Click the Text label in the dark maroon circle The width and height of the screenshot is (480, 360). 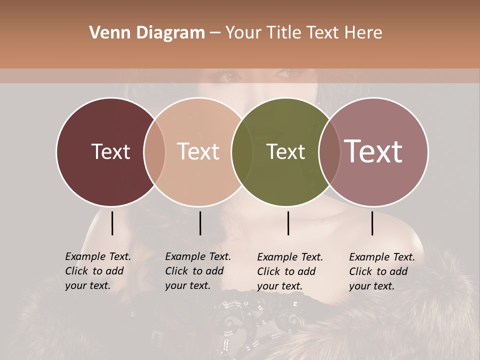coord(110,151)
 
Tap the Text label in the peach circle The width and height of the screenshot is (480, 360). coord(198,151)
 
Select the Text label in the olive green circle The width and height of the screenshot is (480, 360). coord(285,151)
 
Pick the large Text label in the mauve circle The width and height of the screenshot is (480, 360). coord(373,151)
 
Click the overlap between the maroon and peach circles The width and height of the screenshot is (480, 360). coord(154,151)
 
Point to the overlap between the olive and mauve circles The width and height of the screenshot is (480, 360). coord(329,151)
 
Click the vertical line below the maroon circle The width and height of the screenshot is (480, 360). coord(112,223)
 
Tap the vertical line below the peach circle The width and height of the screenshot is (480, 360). coord(200,223)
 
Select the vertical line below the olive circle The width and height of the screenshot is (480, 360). coord(288,223)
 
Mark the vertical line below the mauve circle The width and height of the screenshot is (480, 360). coord(372,223)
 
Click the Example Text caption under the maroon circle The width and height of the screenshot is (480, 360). coord(97,271)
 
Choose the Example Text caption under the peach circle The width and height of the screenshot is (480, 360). coord(197,271)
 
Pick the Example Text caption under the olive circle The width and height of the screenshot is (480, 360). coord(289,271)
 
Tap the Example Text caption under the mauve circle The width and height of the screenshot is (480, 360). coord(381,271)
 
